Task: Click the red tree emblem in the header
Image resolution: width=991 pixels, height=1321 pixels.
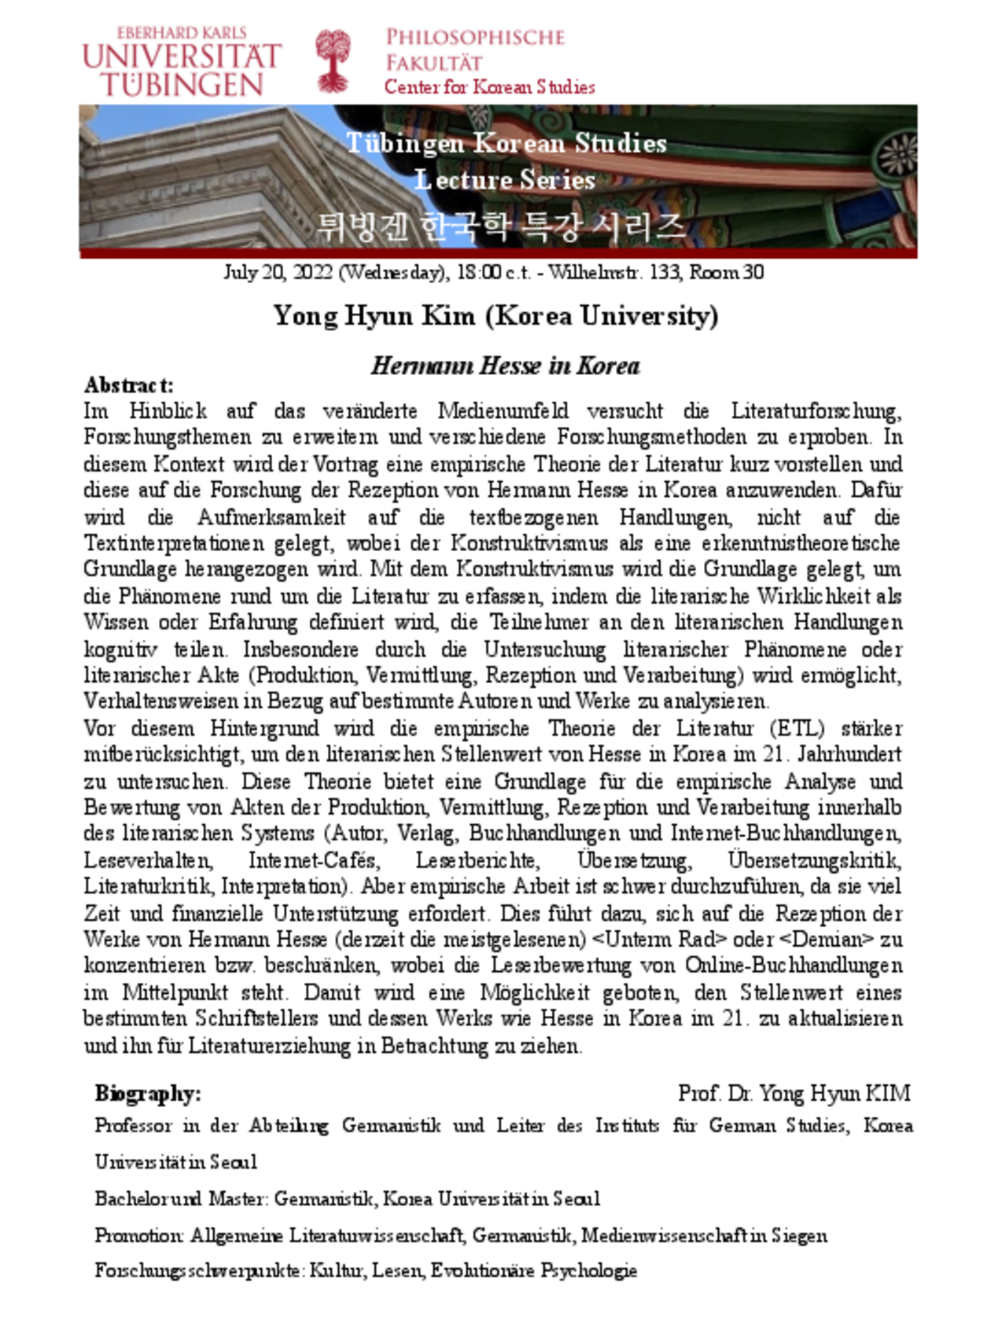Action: [333, 61]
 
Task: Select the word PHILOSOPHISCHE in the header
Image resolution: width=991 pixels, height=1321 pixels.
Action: [475, 37]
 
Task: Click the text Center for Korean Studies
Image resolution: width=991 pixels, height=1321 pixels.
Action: [489, 86]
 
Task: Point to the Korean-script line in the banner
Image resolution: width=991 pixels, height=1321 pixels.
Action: [500, 227]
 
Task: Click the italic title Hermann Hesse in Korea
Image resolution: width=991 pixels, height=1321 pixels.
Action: [505, 366]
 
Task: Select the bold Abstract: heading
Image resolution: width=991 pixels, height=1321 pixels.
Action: [129, 385]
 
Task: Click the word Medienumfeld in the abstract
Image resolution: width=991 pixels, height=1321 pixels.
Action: [503, 411]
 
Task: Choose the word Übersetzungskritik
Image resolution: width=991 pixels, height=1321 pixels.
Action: [815, 860]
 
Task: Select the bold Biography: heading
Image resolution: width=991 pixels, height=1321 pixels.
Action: [148, 1093]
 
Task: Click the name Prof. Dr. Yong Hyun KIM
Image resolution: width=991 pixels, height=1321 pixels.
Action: [794, 1093]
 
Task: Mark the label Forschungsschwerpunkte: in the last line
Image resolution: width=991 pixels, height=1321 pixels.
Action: [199, 1271]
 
